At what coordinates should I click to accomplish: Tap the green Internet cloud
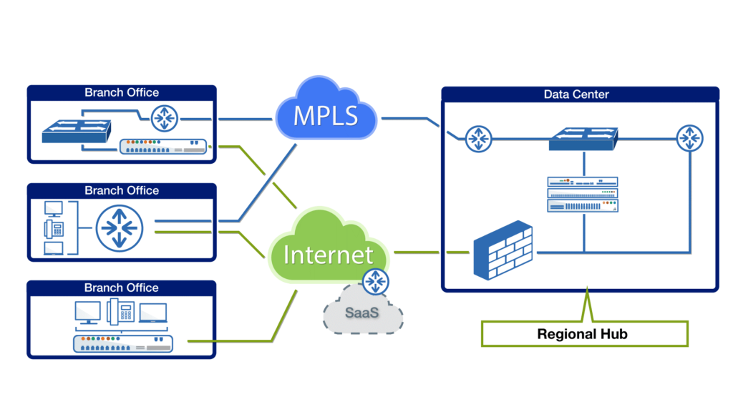(328, 254)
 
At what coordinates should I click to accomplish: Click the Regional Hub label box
(583, 334)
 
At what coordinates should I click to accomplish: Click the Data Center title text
(576, 94)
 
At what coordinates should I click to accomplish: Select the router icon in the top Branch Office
(165, 118)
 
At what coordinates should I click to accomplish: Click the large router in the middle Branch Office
(119, 227)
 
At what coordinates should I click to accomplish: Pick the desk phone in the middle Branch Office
(54, 228)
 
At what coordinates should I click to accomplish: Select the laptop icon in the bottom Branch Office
(153, 313)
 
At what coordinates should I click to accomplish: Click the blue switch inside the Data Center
(583, 138)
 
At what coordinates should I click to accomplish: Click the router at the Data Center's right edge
(690, 138)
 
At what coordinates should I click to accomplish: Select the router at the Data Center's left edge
(478, 139)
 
